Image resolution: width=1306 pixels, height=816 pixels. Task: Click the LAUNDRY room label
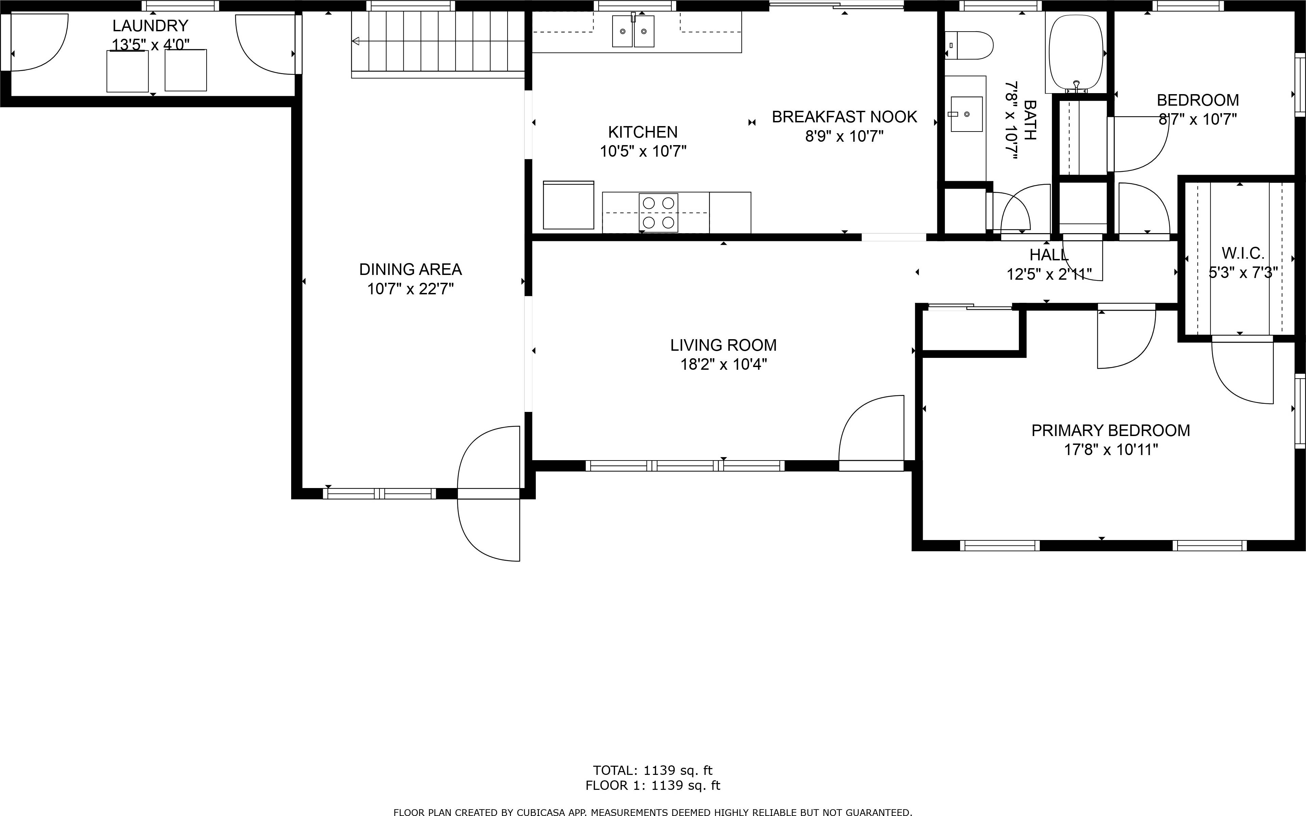(x=150, y=26)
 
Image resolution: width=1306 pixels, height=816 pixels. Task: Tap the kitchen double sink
(x=633, y=31)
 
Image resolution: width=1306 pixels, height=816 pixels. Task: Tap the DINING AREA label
(x=410, y=269)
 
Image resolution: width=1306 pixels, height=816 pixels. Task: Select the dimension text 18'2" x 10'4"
(x=723, y=365)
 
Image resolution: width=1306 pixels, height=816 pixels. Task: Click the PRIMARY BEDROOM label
(x=1110, y=431)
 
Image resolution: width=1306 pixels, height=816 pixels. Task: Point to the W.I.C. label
(x=1243, y=253)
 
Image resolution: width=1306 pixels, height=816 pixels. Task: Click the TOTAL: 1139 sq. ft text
(x=653, y=770)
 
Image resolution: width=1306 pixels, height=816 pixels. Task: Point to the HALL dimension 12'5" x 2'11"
(x=1049, y=275)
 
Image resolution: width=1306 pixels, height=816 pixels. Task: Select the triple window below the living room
(x=685, y=466)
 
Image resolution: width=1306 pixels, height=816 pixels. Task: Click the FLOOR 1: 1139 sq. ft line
(x=653, y=785)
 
